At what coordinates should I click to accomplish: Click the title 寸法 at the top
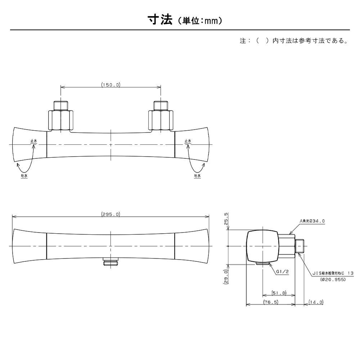point(160,20)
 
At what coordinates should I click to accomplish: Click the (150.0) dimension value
point(111,85)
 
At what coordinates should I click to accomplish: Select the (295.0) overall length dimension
point(111,214)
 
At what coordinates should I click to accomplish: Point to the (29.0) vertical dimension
point(226,276)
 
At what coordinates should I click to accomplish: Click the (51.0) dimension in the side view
point(279,293)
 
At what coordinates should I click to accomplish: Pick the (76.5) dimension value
point(271,302)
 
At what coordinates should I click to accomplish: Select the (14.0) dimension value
point(316,302)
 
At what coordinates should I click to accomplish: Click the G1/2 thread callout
point(282,271)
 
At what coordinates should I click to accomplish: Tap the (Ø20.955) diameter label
point(333,279)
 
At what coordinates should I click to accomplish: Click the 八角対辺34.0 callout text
point(312,221)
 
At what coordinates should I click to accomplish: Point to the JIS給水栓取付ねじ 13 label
point(333,273)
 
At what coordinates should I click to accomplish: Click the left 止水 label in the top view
point(34,141)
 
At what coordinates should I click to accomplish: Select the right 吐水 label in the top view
point(197,176)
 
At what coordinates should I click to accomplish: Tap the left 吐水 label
point(24,176)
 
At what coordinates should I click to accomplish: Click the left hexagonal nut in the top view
point(60,121)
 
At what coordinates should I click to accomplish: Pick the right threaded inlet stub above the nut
point(161,105)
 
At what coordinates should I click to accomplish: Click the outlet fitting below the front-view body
point(111,262)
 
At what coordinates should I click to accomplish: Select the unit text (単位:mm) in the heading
point(200,21)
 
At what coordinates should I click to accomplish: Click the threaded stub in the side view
point(300,246)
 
